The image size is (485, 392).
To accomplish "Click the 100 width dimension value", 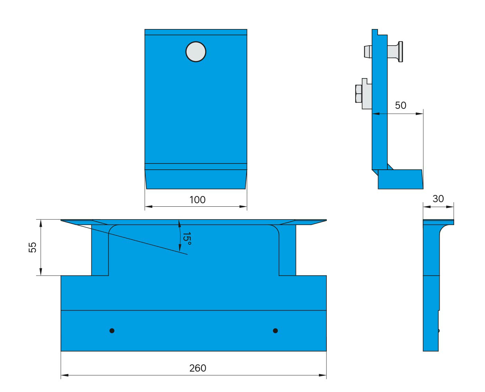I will coord(197,200).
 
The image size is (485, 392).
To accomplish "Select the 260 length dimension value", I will coord(198,368).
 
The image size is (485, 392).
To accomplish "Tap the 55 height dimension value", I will coord(33,247).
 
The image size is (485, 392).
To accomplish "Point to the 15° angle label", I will coord(187,239).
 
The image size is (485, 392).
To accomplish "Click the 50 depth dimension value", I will coord(401,105).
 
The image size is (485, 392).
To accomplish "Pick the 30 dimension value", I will coord(438,199).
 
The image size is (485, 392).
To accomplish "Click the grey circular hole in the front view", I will coord(196,52).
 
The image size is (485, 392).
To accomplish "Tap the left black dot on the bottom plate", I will coord(112,331).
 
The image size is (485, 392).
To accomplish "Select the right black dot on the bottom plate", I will coord(275,331).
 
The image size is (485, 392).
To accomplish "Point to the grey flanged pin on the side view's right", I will coord(397,52).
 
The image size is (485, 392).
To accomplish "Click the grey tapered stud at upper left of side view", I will coord(368,52).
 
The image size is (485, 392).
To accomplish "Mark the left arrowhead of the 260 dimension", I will coord(64,375).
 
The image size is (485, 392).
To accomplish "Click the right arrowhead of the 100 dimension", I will coord(244,207).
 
